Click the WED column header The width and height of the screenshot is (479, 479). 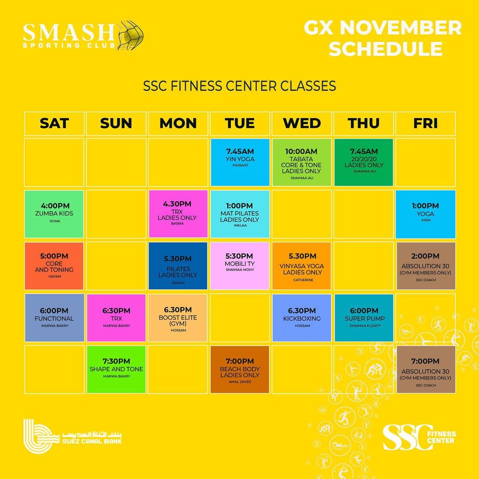(x=302, y=124)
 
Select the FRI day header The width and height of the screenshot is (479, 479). (x=425, y=124)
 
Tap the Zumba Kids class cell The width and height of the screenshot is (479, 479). (x=54, y=214)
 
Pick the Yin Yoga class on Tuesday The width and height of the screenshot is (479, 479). (x=240, y=162)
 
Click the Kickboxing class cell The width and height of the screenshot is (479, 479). (x=302, y=318)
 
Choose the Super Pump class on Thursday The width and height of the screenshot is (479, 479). (x=364, y=318)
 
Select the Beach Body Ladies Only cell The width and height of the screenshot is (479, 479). (x=240, y=369)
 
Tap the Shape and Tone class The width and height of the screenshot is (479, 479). (x=116, y=369)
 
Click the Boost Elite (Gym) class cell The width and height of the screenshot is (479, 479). (x=178, y=318)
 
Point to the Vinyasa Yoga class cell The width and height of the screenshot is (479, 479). (x=302, y=266)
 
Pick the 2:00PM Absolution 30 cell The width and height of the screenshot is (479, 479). (x=426, y=266)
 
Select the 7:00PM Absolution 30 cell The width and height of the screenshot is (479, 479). (x=426, y=369)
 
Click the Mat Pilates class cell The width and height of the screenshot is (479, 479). (x=240, y=214)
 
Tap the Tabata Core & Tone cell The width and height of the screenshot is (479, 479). (x=302, y=162)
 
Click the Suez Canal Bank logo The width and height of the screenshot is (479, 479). (x=73, y=436)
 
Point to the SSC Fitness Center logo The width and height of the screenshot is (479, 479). (x=419, y=437)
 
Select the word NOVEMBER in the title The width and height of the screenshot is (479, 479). (x=401, y=28)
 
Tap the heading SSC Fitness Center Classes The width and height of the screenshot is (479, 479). (x=239, y=86)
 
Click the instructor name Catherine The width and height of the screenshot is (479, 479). (x=303, y=280)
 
